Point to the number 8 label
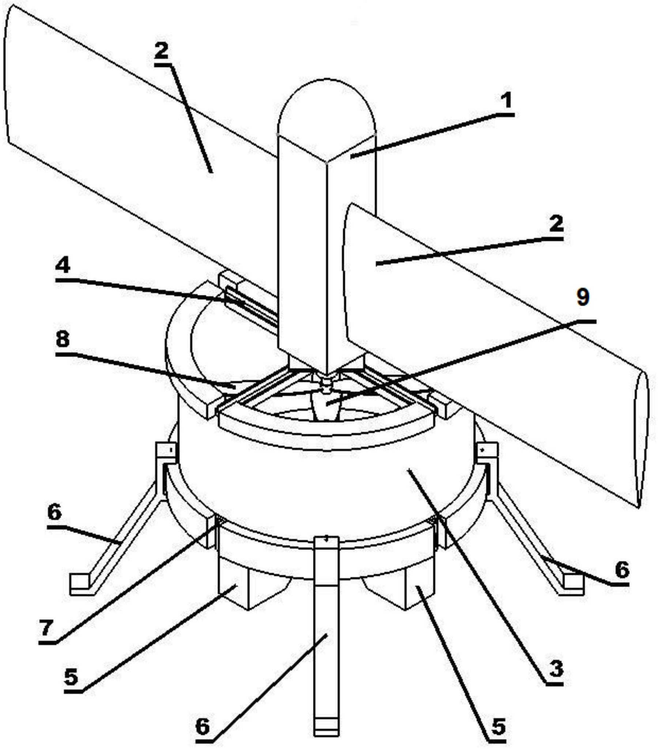coord(62,339)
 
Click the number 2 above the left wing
coord(161,50)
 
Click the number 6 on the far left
coord(54,513)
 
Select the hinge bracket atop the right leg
coord(488,453)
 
